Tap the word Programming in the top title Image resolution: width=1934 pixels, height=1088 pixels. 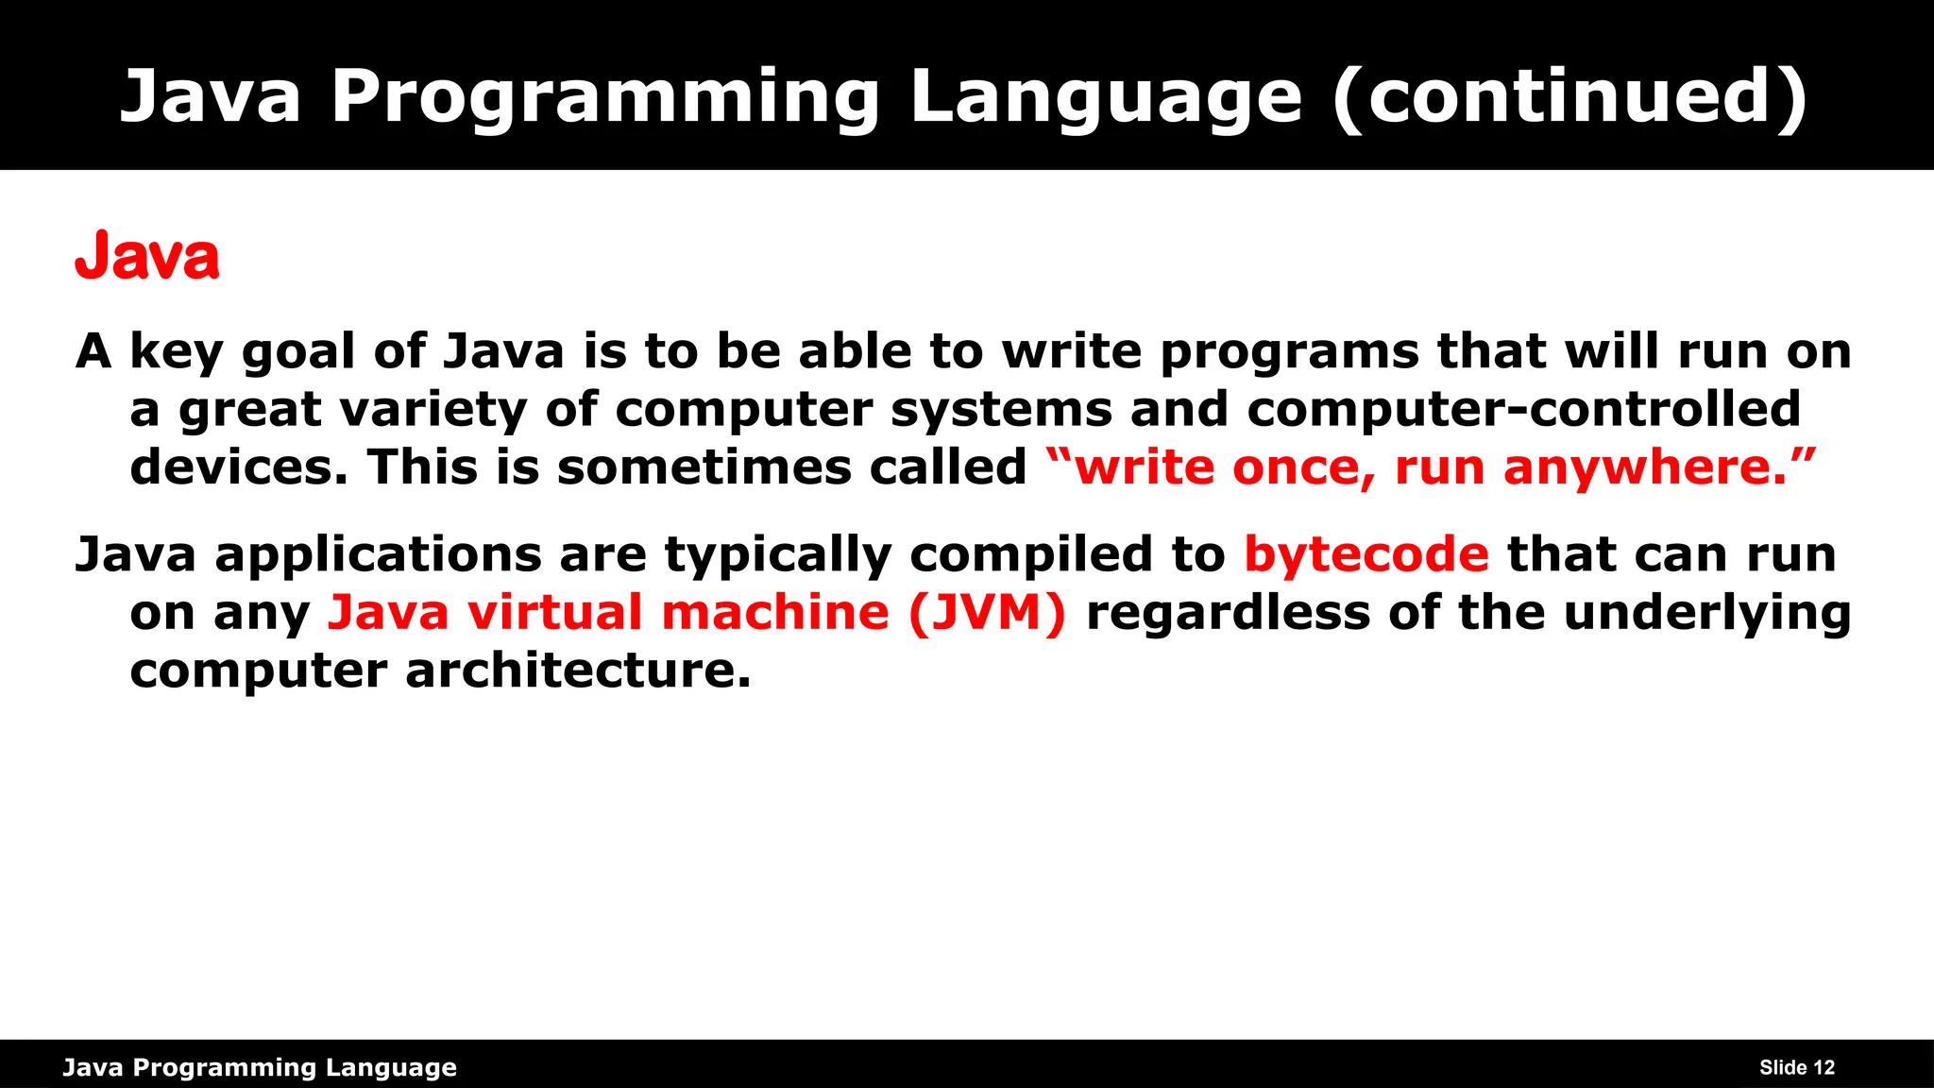click(x=605, y=97)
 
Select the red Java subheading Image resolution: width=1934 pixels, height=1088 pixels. click(x=147, y=257)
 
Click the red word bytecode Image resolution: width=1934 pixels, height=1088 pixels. click(x=1366, y=554)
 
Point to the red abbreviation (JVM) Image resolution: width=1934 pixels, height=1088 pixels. click(x=987, y=613)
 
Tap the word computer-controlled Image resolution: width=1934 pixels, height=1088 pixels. click(x=1523, y=410)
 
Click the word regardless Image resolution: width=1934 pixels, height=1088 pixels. click(x=1228, y=613)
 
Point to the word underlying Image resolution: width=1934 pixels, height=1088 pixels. click(x=1706, y=613)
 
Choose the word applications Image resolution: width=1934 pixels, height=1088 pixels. click(x=377, y=554)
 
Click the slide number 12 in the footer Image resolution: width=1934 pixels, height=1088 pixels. click(x=1824, y=1068)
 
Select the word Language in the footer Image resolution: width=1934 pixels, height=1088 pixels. click(x=391, y=1068)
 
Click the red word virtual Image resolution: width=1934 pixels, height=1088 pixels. click(x=554, y=613)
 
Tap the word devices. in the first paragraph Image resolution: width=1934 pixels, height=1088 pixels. click(x=239, y=468)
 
